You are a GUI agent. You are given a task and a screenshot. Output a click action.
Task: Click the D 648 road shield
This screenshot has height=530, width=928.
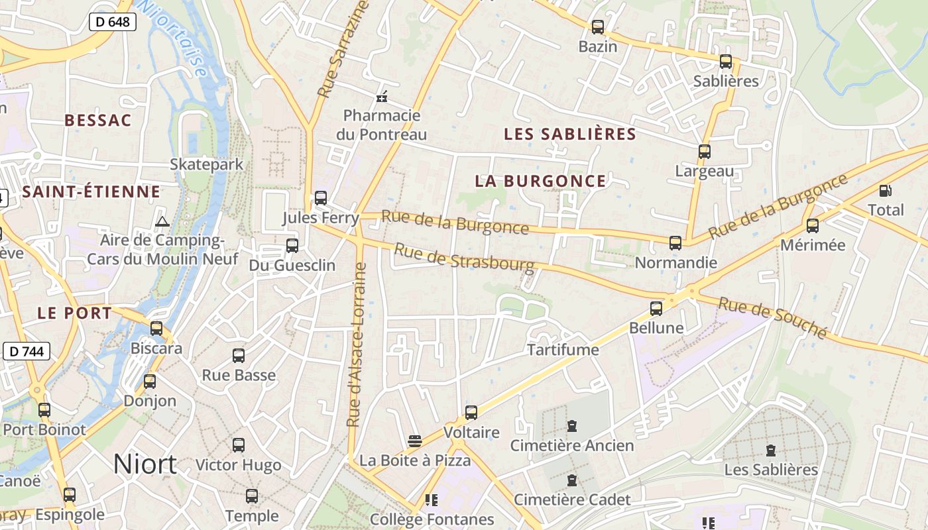coord(112,22)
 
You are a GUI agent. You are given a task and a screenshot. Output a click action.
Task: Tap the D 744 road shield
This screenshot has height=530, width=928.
coord(27,351)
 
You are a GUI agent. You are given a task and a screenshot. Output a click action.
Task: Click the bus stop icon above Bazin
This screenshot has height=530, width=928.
coord(598,27)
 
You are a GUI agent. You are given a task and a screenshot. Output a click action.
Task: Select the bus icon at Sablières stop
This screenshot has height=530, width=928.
coord(726,62)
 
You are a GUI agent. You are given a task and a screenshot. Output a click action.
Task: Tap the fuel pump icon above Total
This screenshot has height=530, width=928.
coord(885,191)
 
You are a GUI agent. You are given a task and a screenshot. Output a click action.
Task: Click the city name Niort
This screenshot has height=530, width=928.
coord(145,464)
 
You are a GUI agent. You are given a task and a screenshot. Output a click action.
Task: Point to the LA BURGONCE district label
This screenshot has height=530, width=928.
coord(540,181)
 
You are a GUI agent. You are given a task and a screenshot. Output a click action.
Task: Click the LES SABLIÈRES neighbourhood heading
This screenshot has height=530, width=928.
coord(570,134)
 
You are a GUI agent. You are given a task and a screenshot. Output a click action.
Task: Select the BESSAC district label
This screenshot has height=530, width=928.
coord(98,120)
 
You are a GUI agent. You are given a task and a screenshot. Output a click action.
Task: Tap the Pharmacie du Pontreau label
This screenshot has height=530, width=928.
coord(381,125)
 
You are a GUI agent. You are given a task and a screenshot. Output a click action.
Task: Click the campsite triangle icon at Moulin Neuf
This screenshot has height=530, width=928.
coord(162,221)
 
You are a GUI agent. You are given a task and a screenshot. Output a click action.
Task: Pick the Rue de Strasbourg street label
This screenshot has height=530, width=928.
coord(464,258)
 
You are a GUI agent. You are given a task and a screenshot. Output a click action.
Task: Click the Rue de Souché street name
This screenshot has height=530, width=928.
coord(773,318)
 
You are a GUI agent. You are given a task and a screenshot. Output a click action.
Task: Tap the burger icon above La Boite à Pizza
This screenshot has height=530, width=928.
coord(415,441)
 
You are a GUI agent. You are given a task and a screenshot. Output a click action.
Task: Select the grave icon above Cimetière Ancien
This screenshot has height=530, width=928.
coord(572,426)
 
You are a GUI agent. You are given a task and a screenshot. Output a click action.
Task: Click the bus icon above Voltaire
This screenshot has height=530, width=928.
coord(471,413)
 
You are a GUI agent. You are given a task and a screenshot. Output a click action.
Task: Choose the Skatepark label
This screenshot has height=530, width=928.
coord(207,164)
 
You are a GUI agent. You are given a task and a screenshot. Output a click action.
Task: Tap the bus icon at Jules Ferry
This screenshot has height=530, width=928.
coord(321,197)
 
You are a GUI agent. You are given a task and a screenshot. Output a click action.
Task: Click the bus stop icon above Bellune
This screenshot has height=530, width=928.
coord(656,308)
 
